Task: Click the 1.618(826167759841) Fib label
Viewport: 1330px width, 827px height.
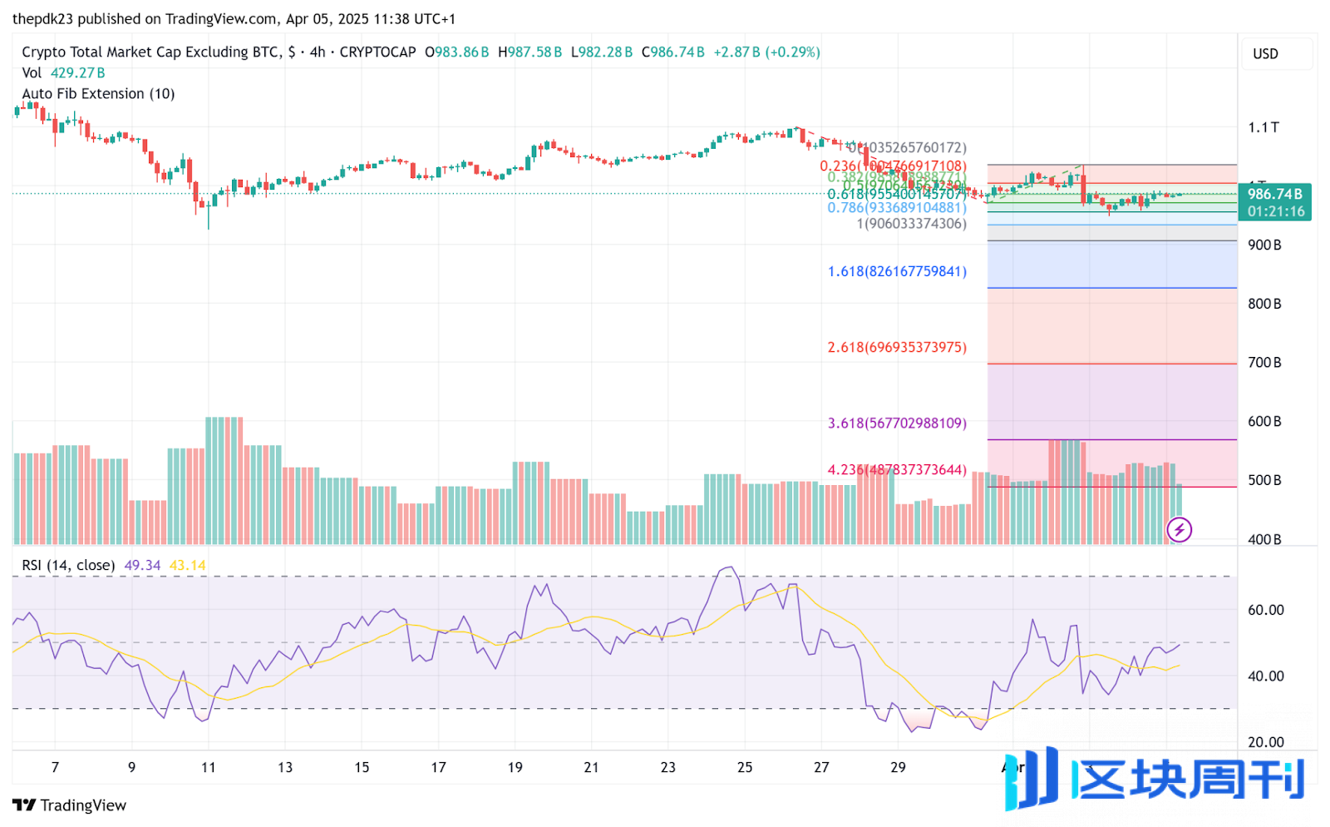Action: [x=897, y=271]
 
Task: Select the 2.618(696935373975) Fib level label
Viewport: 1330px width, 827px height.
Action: [x=897, y=347]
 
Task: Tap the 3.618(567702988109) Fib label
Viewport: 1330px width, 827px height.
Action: [x=897, y=423]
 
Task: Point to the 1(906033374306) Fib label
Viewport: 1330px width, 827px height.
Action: [x=911, y=223]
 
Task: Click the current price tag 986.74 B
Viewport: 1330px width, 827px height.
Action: [x=1274, y=194]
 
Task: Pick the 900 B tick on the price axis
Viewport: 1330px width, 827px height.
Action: [x=1264, y=245]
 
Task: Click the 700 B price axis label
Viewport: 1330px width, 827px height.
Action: [x=1264, y=363]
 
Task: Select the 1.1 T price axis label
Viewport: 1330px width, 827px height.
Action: [x=1263, y=127]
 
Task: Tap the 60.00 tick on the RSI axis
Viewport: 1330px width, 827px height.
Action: [x=1265, y=610]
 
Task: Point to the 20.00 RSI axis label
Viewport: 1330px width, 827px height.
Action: [x=1265, y=742]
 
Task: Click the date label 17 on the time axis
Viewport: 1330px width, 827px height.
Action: [x=438, y=767]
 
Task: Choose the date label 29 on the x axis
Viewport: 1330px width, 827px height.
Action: [x=898, y=767]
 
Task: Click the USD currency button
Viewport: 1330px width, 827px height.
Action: [x=1265, y=54]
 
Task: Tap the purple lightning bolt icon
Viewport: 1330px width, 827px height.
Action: [x=1179, y=529]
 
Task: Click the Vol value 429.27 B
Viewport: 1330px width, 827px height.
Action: [x=78, y=73]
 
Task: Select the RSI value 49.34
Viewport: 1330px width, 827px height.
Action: [x=142, y=566]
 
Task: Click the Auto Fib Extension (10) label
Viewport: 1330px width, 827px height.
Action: [x=98, y=94]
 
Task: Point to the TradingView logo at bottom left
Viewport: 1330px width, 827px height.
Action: [x=70, y=805]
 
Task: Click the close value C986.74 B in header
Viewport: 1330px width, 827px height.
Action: [x=672, y=52]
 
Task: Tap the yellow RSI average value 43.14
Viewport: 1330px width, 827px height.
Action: [x=187, y=566]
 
